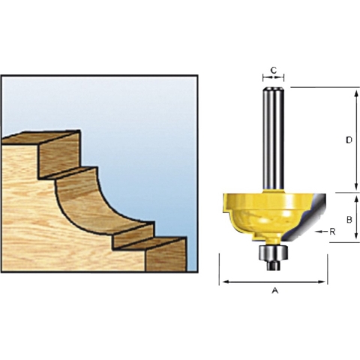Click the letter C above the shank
click(274, 70)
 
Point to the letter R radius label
click(333, 232)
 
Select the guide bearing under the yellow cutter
click(272, 254)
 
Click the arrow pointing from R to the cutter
click(321, 232)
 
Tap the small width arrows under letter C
click(274, 77)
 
